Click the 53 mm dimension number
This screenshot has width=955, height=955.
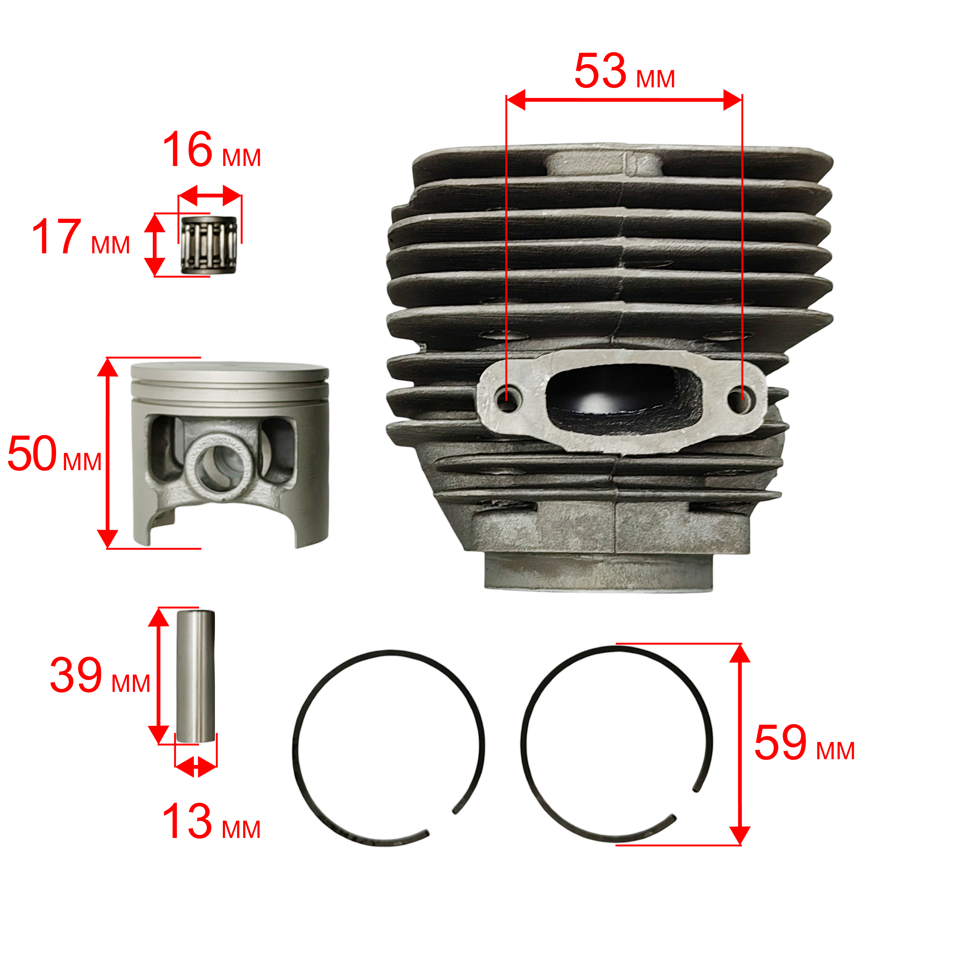click(600, 71)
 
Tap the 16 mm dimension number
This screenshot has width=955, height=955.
click(187, 149)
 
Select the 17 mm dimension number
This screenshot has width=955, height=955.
click(56, 237)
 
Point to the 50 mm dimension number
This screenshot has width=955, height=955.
click(32, 453)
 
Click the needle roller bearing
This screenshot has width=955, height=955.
click(210, 245)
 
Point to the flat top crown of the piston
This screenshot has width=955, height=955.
click(230, 371)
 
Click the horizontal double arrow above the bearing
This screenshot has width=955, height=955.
click(210, 196)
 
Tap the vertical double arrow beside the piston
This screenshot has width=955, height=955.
click(107, 453)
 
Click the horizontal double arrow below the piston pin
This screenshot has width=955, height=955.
click(196, 767)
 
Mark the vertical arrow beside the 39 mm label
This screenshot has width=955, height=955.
click(159, 676)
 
